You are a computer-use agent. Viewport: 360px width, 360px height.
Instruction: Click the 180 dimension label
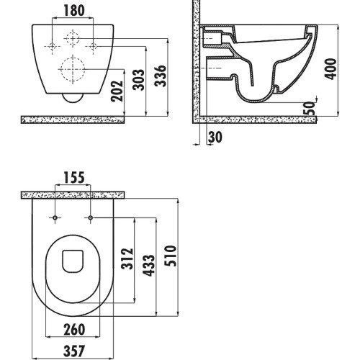pyautogui.click(x=74, y=11)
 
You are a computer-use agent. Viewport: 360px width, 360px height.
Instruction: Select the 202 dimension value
pyautogui.click(x=117, y=91)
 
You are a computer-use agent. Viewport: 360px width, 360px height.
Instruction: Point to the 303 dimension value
pyautogui.click(x=139, y=80)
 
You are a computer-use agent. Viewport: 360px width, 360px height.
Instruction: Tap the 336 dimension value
pyautogui.click(x=161, y=76)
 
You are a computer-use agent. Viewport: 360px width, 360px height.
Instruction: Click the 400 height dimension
pyautogui.click(x=330, y=69)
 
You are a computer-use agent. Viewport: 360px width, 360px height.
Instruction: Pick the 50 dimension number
pyautogui.click(x=309, y=108)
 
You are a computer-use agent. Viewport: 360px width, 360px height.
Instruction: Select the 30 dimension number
pyautogui.click(x=215, y=138)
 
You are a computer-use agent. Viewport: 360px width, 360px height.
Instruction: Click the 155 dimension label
pyautogui.click(x=74, y=178)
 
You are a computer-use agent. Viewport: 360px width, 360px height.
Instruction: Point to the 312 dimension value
pyautogui.click(x=127, y=258)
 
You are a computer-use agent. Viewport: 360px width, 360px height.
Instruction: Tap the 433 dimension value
pyautogui.click(x=148, y=266)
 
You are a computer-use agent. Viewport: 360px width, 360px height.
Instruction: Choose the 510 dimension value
pyautogui.click(x=171, y=256)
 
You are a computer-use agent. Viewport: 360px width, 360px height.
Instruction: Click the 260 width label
pyautogui.click(x=74, y=330)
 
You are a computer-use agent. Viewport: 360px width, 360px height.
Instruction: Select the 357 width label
pyautogui.click(x=74, y=351)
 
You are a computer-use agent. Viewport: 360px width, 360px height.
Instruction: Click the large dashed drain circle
pyautogui.click(x=73, y=58)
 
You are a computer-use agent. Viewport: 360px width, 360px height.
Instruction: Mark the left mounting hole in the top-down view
pyautogui.click(x=55, y=217)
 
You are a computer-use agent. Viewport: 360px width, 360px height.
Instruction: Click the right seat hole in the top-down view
pyautogui.click(x=91, y=217)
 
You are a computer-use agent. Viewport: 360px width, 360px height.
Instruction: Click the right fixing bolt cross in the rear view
pyautogui.click(x=94, y=46)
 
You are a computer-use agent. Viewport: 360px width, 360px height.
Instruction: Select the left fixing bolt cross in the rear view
pyautogui.click(x=52, y=46)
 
